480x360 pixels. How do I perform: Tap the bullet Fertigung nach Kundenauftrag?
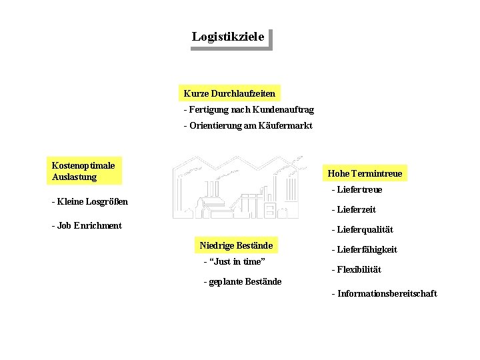[249, 109]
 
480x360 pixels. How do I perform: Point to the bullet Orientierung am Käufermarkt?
[247, 126]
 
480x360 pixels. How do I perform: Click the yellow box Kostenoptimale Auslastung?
[85, 171]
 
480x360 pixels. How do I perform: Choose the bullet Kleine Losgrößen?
[89, 201]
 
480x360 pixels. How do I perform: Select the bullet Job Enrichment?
[87, 225]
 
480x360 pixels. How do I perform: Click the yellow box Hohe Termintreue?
[365, 173]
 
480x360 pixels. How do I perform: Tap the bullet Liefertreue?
[357, 190]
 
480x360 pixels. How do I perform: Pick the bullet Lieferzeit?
[353, 209]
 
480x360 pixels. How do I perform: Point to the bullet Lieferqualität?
[362, 229]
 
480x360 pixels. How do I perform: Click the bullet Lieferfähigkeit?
[364, 249]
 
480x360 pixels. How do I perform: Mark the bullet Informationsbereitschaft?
[384, 293]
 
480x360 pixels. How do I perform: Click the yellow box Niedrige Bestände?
[236, 245]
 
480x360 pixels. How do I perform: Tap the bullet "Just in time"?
[234, 262]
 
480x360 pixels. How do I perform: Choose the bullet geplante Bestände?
[242, 281]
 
